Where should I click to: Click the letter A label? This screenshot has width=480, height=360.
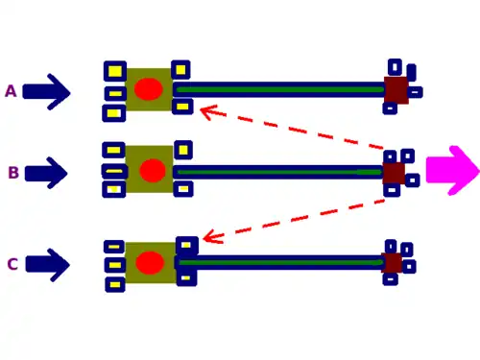click(11, 91)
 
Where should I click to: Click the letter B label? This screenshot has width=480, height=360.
click(13, 173)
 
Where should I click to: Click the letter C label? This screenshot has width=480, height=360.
click(12, 264)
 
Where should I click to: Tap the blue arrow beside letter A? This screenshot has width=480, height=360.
click(46, 92)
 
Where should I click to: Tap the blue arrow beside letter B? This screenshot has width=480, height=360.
click(46, 173)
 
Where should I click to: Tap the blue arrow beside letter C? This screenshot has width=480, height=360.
click(47, 265)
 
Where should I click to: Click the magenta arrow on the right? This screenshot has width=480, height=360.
click(453, 171)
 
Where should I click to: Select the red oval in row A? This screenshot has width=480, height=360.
click(149, 89)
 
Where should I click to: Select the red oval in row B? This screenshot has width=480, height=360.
click(153, 170)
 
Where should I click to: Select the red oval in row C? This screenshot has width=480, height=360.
click(150, 262)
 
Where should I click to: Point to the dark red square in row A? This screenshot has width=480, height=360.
click(396, 90)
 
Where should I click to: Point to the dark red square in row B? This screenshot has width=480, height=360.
click(394, 173)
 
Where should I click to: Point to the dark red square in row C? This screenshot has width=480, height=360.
click(392, 263)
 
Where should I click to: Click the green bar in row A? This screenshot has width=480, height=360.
click(280, 89)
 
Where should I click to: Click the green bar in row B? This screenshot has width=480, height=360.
click(280, 172)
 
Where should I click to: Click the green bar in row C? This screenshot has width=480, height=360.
click(281, 263)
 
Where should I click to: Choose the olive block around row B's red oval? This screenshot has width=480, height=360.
click(149, 169)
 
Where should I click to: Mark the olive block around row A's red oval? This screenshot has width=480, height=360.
click(149, 89)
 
